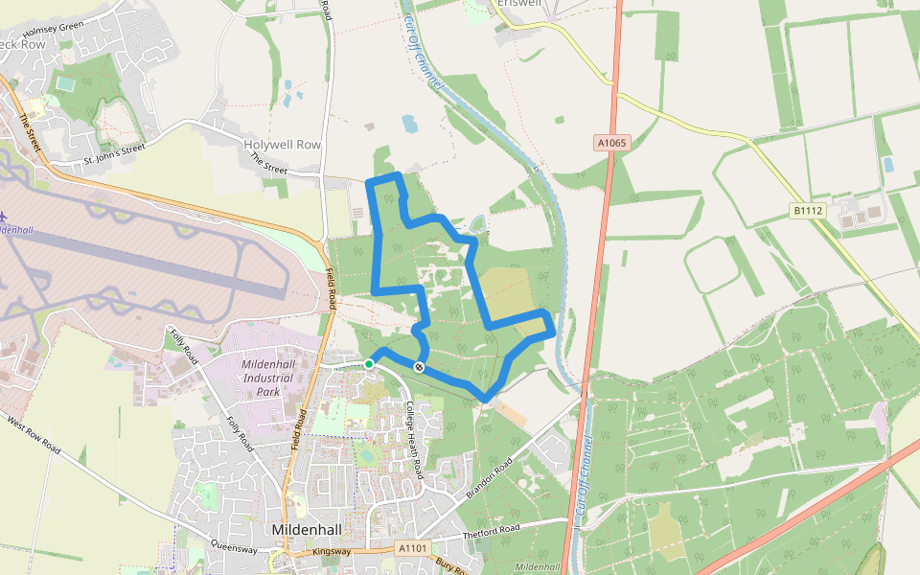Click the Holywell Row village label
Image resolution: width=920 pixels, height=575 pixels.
click(282, 145)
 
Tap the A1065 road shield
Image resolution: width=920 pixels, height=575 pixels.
click(610, 143)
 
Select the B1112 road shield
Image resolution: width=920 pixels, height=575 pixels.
click(808, 210)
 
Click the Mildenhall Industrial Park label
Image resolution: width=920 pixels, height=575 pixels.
click(274, 378)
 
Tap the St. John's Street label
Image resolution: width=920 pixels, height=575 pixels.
click(113, 149)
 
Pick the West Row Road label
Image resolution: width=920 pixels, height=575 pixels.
click(34, 435)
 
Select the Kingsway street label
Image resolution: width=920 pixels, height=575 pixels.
click(333, 551)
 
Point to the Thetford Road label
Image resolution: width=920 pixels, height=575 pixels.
click(490, 530)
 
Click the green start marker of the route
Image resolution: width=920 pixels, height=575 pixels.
click(369, 363)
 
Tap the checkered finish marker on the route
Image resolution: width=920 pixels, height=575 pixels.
click(419, 367)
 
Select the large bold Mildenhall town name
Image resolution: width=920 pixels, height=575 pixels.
click(310, 529)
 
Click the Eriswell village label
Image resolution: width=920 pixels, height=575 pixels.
click(517, 4)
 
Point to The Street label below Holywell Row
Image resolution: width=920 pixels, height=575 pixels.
click(268, 165)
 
